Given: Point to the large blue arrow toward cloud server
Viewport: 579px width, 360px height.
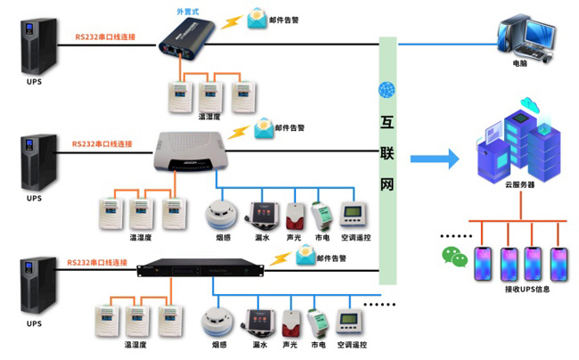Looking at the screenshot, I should point(433,160).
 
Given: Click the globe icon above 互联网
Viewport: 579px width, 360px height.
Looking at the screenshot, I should point(386,91).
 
